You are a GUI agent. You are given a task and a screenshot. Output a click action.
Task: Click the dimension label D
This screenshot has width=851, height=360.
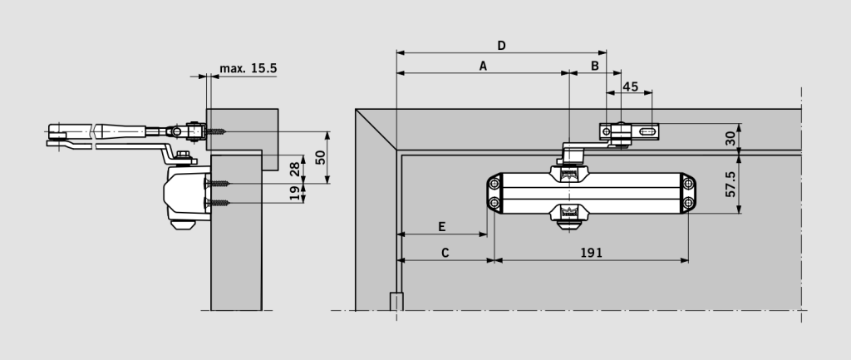click(501, 43)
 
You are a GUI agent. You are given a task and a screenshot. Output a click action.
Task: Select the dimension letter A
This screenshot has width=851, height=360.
click(482, 65)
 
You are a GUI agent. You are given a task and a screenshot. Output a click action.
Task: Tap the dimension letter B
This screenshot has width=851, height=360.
click(594, 65)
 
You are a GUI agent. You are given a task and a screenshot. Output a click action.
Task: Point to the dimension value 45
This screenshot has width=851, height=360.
click(630, 86)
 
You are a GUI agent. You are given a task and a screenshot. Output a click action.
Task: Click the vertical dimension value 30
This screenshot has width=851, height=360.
click(730, 138)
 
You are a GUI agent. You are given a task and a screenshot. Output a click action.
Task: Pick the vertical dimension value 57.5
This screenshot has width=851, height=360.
click(730, 183)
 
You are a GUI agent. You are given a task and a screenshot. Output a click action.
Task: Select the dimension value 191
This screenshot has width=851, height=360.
click(591, 252)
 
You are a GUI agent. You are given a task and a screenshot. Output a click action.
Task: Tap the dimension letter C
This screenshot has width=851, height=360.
click(445, 252)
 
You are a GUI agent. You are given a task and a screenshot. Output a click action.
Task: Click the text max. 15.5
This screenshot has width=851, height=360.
click(248, 68)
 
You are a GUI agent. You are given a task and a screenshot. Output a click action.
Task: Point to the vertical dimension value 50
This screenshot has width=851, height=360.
click(320, 157)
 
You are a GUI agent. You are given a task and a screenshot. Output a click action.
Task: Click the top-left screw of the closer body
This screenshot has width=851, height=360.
click(495, 183)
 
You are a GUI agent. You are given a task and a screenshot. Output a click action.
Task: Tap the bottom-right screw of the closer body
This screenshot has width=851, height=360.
click(688, 204)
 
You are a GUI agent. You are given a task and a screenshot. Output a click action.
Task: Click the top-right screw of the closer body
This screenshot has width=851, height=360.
click(688, 183)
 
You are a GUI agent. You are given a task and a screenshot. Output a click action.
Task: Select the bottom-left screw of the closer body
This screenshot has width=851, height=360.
click(495, 204)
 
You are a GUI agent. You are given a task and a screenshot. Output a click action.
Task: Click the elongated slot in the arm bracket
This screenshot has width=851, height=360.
click(647, 131)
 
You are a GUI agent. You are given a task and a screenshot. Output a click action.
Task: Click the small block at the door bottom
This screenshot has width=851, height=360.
click(396, 301)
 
